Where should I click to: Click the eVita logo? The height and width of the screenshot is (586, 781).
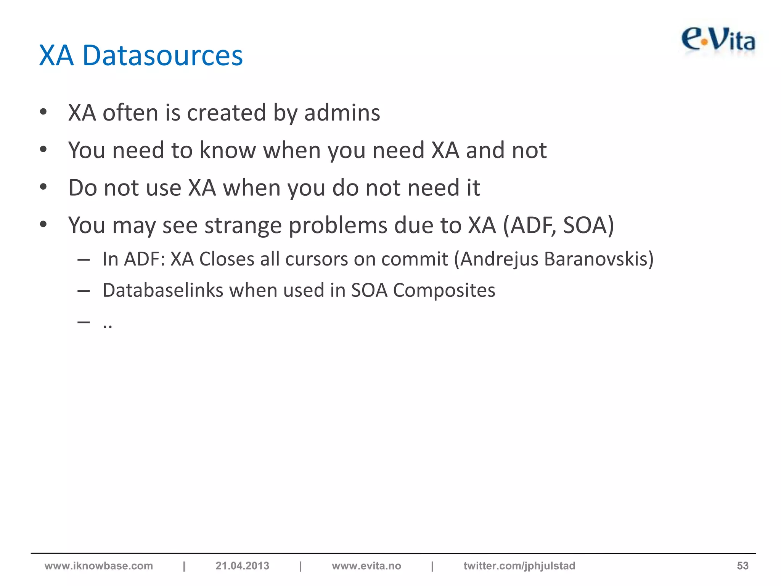718,41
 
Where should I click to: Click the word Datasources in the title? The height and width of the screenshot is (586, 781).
162,56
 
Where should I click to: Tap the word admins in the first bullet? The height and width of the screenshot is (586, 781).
342,113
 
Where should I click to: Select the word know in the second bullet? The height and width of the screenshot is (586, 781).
228,150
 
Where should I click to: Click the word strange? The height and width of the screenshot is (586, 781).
243,225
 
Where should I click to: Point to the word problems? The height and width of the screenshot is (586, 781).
338,225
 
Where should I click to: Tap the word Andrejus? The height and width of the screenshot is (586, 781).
499,259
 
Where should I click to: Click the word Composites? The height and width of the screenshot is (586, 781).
444,290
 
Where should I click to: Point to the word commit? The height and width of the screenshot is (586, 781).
415,259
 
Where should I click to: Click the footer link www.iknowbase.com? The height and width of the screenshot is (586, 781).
99,566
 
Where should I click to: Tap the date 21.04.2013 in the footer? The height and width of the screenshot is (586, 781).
242,566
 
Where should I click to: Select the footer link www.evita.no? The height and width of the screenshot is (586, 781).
366,566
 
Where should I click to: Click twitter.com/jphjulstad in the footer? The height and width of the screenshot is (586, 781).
519,566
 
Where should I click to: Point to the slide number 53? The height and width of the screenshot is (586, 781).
742,566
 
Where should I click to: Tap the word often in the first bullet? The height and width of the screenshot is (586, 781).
130,113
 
